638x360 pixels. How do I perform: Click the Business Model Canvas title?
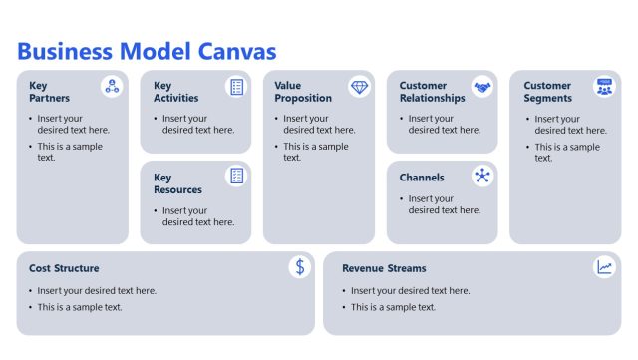[x=148, y=51]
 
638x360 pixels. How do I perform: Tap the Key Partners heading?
[x=50, y=92]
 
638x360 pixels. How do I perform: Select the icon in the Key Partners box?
[x=113, y=87]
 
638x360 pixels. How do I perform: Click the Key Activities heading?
[x=175, y=92]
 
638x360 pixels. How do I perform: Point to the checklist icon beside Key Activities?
[x=236, y=87]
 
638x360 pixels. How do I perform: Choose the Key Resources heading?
[x=177, y=183]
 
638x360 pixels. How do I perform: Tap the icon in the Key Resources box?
[x=236, y=177]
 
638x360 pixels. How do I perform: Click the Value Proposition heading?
[x=302, y=92]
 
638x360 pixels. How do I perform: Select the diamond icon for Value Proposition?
[x=360, y=87]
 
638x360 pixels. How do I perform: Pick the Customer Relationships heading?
[x=432, y=92]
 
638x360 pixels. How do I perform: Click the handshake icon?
[x=482, y=87]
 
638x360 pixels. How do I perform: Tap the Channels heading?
[x=422, y=178]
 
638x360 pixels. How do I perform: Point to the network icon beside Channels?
[x=482, y=177]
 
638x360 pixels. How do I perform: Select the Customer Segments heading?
[x=547, y=92]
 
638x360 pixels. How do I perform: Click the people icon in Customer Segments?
[x=605, y=87]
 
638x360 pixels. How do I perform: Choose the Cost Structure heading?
[x=64, y=268]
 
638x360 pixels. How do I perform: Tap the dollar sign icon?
[x=300, y=266]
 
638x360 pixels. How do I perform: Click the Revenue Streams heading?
[x=384, y=268]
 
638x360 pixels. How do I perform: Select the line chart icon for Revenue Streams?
[x=605, y=266]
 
